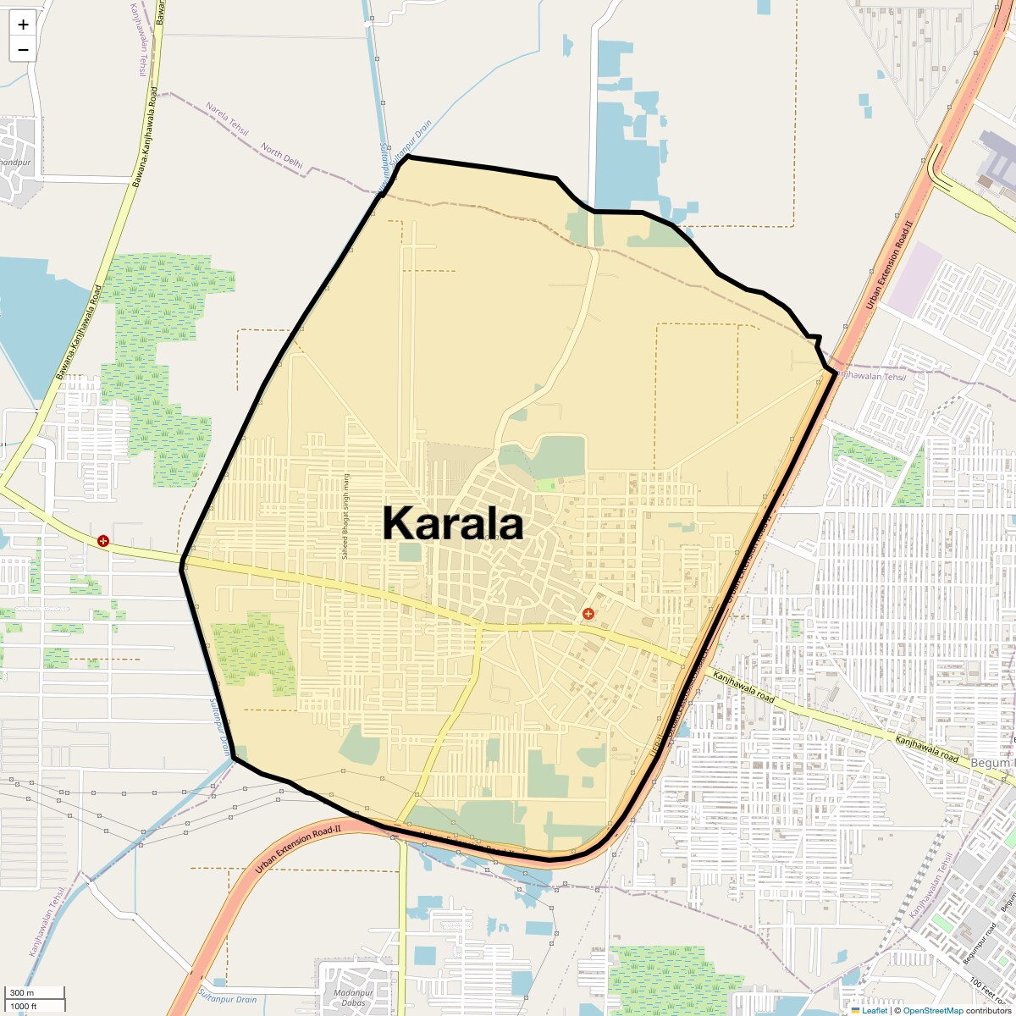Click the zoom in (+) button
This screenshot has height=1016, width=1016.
[23, 25]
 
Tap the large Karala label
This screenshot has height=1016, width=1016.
[453, 523]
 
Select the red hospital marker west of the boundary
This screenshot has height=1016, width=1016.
[103, 540]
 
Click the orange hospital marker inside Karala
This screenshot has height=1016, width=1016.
[588, 613]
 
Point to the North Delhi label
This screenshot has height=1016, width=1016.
[282, 157]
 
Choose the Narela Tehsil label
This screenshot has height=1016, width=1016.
[228, 119]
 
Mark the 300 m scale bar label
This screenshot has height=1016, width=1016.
[23, 993]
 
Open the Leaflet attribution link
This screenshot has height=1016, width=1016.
[875, 1010]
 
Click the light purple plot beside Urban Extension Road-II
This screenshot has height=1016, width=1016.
[915, 279]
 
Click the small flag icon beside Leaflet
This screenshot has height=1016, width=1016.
[855, 1010]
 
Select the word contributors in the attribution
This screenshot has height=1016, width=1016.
[988, 1010]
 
